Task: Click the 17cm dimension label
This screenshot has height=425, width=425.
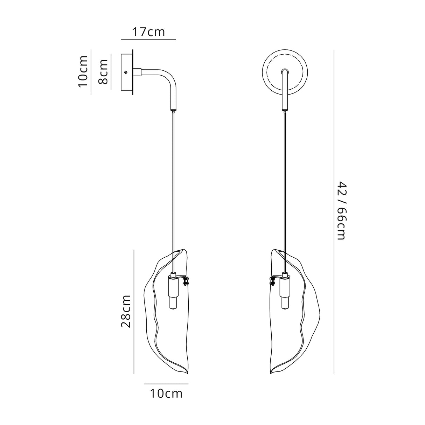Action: (148, 32)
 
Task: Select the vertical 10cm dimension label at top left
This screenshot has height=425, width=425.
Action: (83, 71)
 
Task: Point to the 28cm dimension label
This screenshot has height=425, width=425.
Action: (126, 311)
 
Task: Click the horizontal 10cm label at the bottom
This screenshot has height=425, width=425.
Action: (166, 394)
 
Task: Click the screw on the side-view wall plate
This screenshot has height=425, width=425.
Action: (126, 72)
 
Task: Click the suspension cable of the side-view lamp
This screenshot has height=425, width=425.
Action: (173, 175)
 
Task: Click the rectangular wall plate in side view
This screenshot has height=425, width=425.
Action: (127, 72)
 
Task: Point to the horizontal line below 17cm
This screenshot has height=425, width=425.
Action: (148, 40)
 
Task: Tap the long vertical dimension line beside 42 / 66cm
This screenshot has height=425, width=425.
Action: (334, 210)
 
